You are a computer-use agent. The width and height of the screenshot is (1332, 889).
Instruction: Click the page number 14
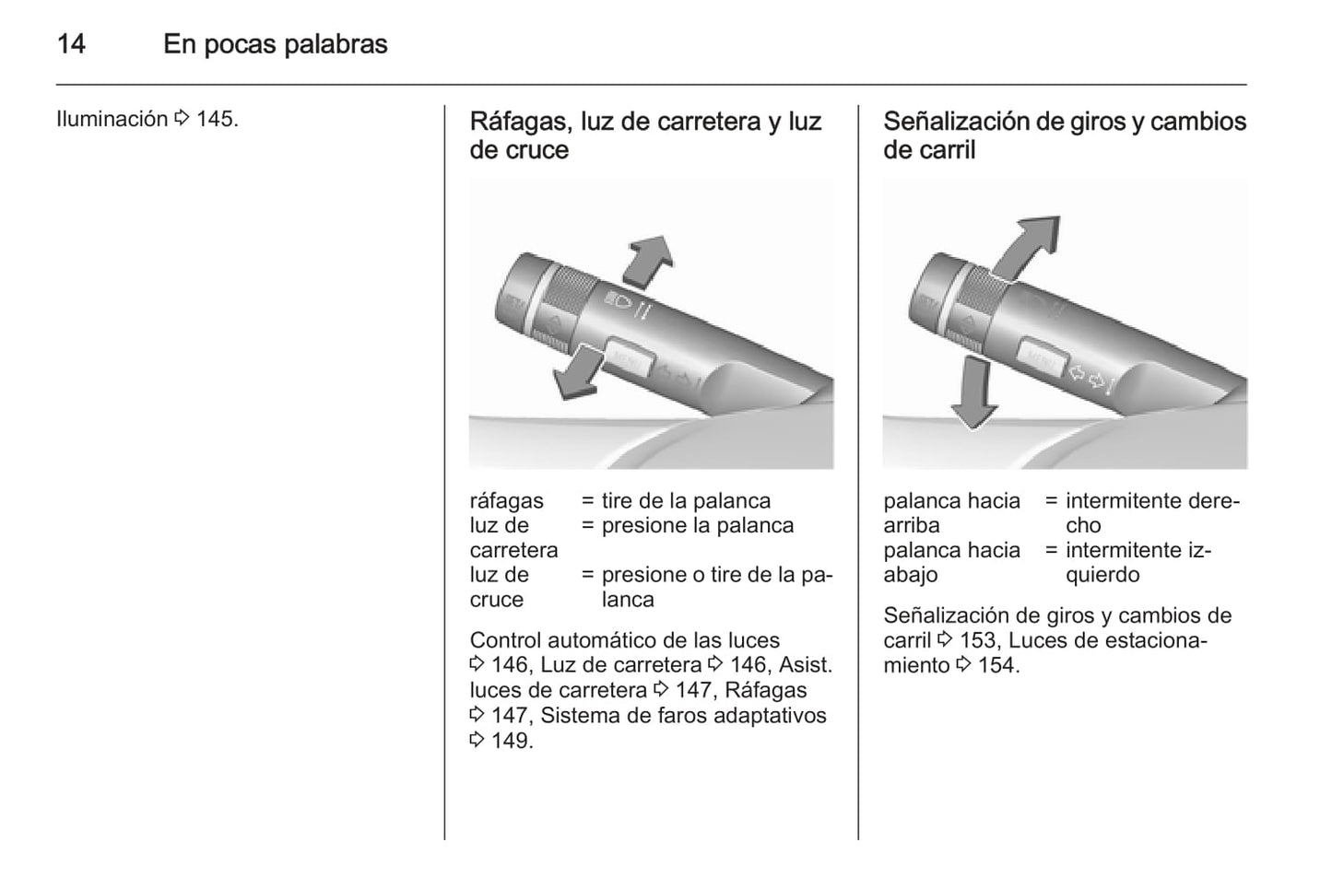point(71,44)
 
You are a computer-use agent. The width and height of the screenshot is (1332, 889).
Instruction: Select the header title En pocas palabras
point(276,44)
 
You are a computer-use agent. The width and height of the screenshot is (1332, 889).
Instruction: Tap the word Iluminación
point(112,119)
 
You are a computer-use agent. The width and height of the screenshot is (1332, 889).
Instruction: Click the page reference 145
point(217,120)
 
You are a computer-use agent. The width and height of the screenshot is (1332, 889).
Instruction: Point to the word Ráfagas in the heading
point(524,122)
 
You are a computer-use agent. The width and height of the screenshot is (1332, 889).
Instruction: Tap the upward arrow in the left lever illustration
point(649,262)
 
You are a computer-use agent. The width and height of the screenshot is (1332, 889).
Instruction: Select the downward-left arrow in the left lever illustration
point(576,373)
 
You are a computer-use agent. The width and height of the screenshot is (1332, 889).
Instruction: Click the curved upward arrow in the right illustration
point(1026,247)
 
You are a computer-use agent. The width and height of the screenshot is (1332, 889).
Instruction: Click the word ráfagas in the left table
point(506,501)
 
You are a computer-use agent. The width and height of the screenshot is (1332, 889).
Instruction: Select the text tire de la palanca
point(686,501)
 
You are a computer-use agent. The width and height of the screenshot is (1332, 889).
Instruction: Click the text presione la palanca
point(698,526)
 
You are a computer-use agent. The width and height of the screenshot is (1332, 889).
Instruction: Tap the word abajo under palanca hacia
point(911,575)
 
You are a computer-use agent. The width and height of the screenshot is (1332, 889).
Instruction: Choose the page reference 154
point(999,665)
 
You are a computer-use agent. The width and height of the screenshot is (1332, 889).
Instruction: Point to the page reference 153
point(981,640)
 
